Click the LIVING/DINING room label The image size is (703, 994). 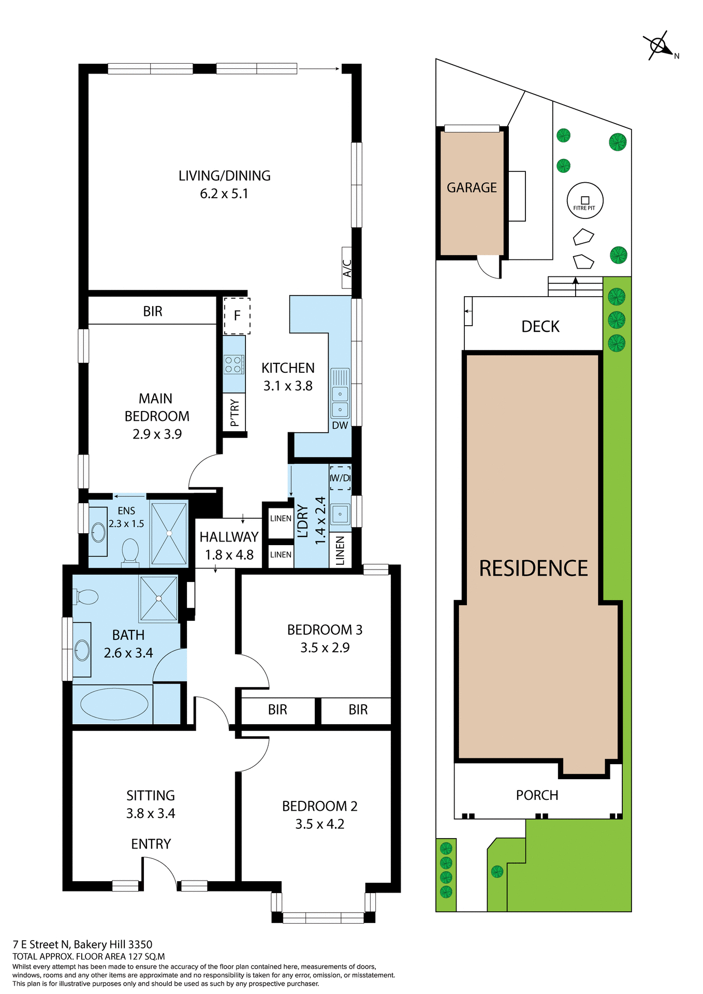224,176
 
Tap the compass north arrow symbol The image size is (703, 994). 660,46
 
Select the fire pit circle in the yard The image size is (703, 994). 584,200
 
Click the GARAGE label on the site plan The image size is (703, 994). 472,187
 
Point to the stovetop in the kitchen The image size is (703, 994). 234,364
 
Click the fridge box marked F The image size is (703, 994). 237,316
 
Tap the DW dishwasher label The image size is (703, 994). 340,426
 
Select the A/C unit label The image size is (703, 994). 347,268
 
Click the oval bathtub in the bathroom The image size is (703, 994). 114,704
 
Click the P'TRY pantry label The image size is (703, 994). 235,413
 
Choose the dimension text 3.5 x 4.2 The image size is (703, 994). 319,824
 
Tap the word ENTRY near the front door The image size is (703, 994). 151,844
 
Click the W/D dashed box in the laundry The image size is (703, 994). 340,478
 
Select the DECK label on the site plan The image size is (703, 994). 540,327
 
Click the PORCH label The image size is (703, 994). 537,795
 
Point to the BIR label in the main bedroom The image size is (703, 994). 153,311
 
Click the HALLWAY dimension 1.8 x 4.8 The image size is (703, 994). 229,555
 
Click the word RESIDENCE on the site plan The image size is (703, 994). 533,568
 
